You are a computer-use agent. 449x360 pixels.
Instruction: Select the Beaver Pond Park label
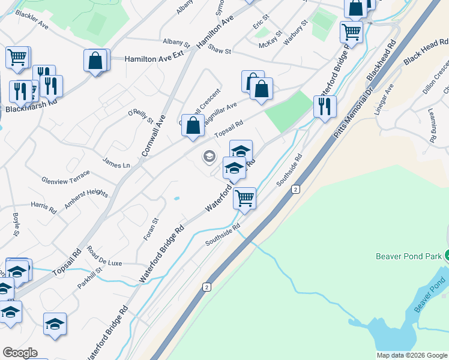point(408,256)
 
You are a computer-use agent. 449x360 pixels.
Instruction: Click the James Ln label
point(116,163)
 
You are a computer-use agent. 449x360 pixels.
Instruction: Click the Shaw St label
point(220,52)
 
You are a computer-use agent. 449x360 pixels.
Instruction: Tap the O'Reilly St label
point(141,115)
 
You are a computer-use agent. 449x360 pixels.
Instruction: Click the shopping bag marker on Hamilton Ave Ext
point(95,61)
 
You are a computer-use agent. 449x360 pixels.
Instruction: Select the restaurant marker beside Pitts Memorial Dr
point(324,107)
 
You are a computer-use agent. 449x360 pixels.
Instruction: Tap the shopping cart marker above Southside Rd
point(244,198)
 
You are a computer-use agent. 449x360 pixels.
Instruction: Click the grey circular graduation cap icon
point(209,157)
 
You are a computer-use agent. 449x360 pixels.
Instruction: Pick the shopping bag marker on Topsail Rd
point(193,126)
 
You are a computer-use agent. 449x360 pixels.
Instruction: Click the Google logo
point(20,353)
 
